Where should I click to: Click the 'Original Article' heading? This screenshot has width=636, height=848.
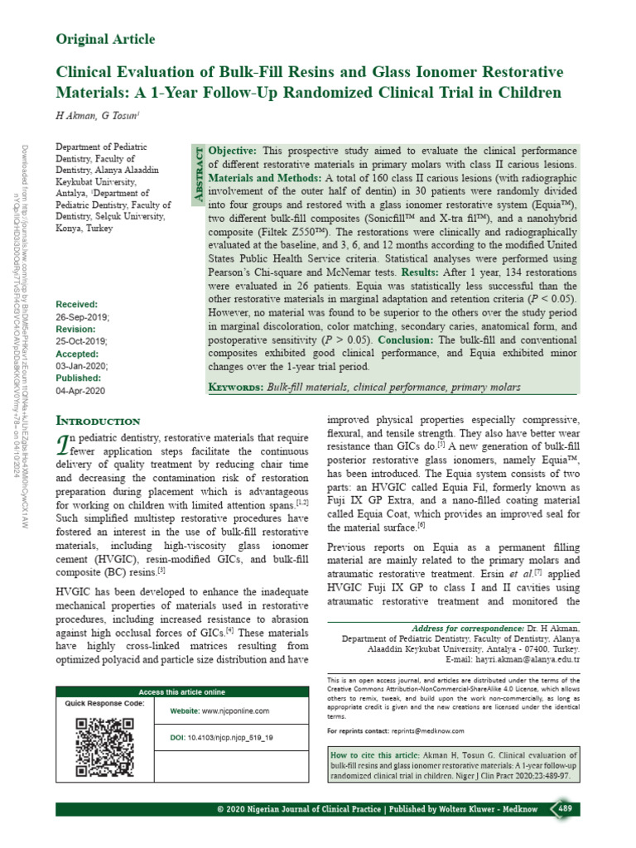click(x=104, y=40)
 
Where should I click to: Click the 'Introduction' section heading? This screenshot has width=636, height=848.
click(x=97, y=421)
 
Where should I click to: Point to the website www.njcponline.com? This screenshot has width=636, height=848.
click(x=219, y=711)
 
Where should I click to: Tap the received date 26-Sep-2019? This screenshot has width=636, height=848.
click(x=83, y=318)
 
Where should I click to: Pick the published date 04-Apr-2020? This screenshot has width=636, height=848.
click(x=81, y=391)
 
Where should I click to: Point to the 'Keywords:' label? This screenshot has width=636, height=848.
click(x=236, y=387)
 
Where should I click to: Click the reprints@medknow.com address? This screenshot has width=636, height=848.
click(x=428, y=731)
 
